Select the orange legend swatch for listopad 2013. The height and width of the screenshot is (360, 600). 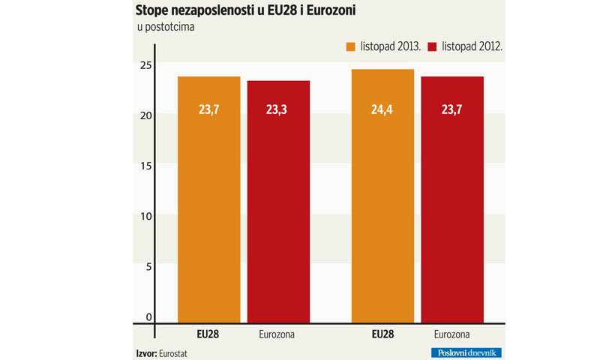349,46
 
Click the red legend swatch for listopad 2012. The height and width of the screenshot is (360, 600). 432,46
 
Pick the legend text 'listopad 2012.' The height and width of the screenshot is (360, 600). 472,46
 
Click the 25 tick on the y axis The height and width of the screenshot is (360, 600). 145,64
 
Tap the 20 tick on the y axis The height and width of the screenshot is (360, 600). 145,115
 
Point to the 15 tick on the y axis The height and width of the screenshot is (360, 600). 145,165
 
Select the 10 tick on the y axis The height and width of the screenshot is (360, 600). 145,216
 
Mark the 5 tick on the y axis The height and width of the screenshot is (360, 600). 148,266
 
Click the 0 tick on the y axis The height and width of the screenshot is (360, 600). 148,316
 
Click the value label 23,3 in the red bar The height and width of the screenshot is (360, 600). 278,109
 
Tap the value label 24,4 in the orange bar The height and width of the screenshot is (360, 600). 382,109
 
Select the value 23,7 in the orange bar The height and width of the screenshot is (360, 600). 209,109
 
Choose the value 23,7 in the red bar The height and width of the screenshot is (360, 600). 451,109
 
